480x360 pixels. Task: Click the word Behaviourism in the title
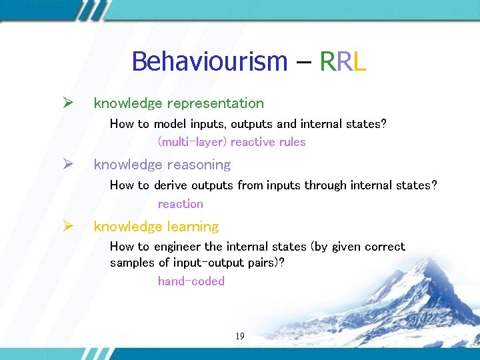pos(209,61)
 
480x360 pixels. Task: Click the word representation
pos(215,103)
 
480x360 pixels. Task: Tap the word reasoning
pos(199,165)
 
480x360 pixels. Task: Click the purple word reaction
pos(180,204)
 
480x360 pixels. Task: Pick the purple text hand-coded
pos(191,281)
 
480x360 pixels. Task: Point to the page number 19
pos(240,336)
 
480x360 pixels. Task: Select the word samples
pos(132,263)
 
